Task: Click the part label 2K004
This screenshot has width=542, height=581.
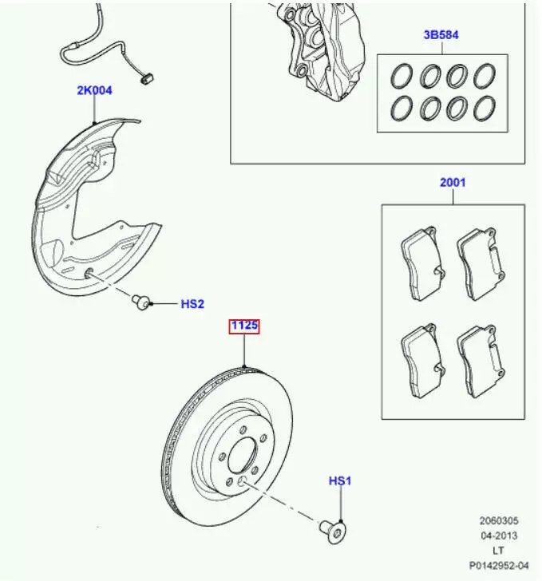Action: [x=94, y=90]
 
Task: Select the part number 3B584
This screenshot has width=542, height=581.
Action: [x=441, y=35]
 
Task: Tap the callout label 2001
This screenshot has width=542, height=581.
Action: [x=453, y=183]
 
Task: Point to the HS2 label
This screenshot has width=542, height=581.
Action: [x=192, y=303]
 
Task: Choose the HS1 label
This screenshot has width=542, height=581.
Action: [x=340, y=480]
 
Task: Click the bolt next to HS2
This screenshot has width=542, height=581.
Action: [x=142, y=302]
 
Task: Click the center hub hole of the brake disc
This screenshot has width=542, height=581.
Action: [x=240, y=458]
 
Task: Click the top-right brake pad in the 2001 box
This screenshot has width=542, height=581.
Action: [x=481, y=262]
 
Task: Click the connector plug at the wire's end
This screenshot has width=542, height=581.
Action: [x=144, y=77]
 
